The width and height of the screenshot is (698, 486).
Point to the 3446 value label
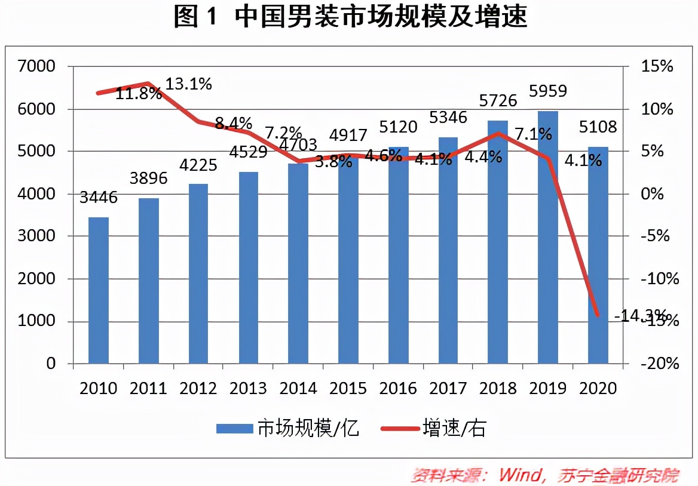99,196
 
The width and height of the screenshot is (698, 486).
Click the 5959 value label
548,91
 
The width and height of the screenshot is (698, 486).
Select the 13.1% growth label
188,84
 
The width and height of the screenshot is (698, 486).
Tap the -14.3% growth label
639,315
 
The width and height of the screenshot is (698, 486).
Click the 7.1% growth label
533,135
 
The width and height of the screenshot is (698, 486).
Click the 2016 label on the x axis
399,389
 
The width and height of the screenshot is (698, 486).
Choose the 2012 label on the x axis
198,389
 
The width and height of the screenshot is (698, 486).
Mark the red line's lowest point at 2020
597,315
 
